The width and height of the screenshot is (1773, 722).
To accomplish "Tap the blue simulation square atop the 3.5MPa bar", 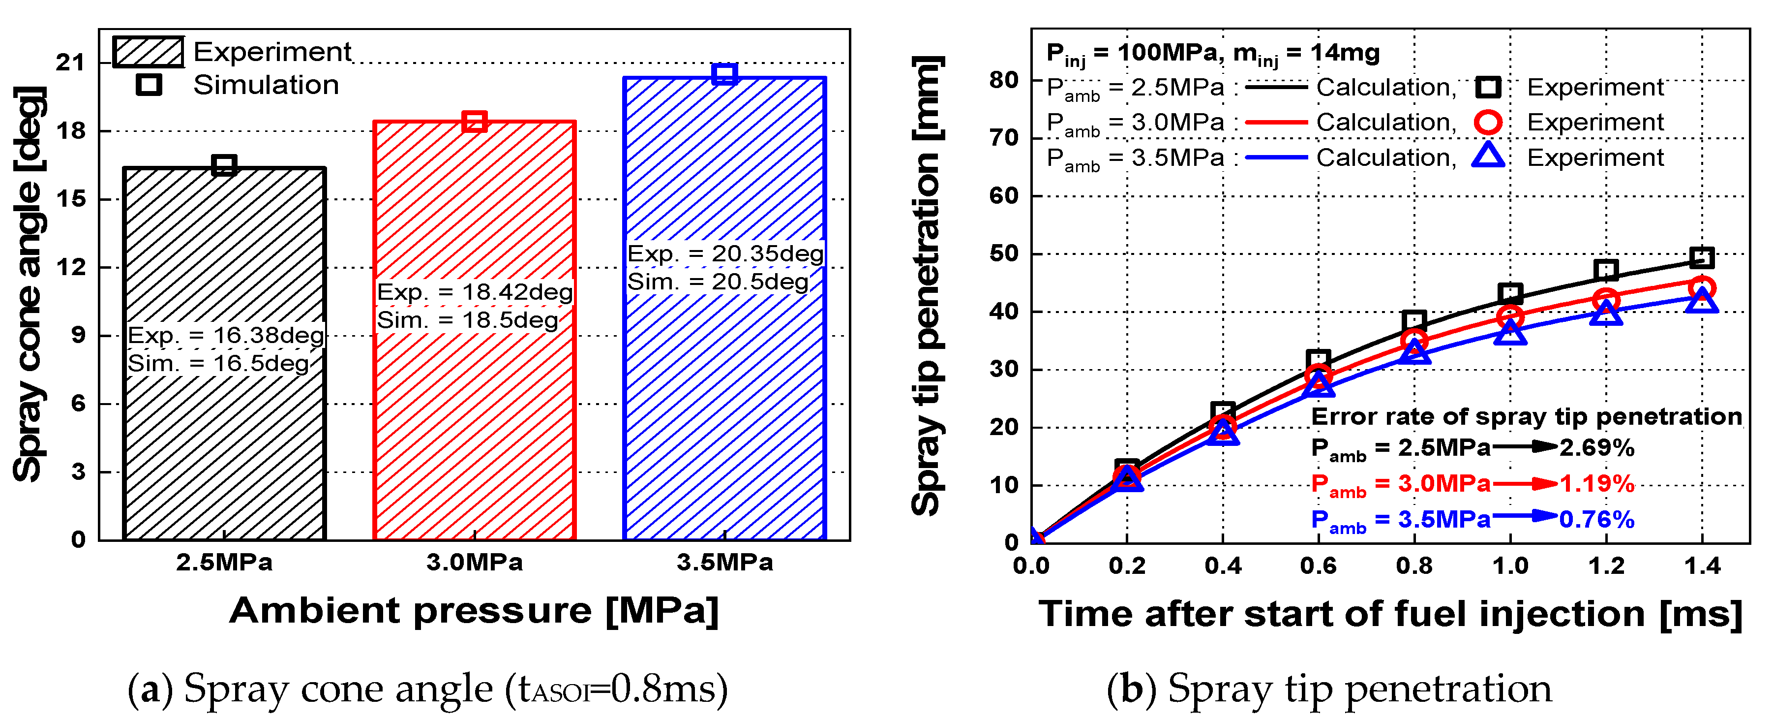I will (724, 73).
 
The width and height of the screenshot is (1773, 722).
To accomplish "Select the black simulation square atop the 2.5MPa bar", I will (224, 165).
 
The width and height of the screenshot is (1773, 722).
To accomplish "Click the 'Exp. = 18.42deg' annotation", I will (474, 292).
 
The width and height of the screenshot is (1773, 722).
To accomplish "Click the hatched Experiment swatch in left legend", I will (148, 52).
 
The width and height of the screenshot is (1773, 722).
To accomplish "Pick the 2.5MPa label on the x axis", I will (224, 563).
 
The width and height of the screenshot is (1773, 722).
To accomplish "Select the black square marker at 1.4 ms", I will (1701, 258).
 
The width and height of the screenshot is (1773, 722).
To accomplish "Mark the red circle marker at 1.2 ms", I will (1606, 300).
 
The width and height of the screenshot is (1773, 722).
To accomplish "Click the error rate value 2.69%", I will (1597, 448).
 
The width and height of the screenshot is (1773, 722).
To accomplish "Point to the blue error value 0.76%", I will (1597, 519).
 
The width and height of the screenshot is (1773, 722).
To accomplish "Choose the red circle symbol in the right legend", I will (1488, 122).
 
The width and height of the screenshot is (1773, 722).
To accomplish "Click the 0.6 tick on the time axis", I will (1318, 566).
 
